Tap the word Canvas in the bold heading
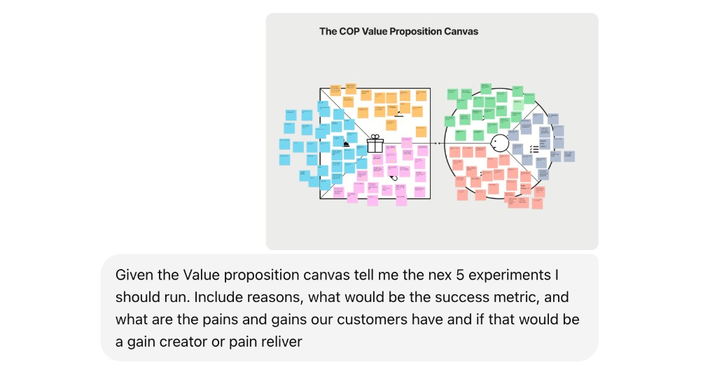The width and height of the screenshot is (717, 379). point(461,32)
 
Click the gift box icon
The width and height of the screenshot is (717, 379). point(375,144)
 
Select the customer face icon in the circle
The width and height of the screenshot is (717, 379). point(499,144)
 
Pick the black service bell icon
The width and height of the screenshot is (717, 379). point(346,144)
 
